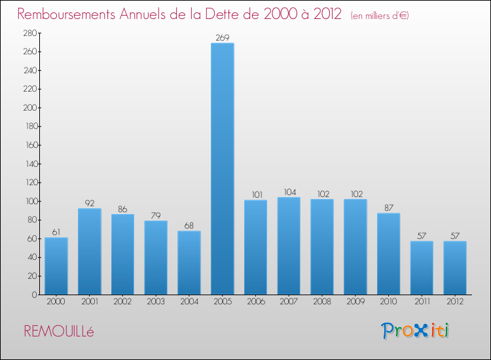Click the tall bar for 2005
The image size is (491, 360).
click(222, 169)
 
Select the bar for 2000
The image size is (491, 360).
click(56, 266)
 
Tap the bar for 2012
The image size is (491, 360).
click(455, 268)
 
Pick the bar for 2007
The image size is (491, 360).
click(289, 246)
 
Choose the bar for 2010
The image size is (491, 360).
click(388, 254)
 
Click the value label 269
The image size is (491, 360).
click(222, 38)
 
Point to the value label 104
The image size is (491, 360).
click(289, 192)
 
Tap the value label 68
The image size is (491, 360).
click(189, 226)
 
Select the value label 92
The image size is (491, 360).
click(89, 204)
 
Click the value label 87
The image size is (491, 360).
click(388, 208)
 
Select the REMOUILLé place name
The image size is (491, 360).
click(59, 332)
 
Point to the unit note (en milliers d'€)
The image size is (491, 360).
click(380, 15)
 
